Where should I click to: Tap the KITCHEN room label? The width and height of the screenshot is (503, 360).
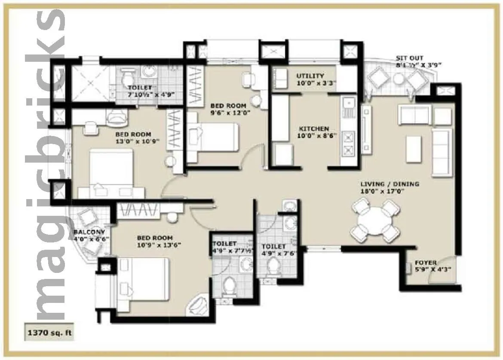(314, 129)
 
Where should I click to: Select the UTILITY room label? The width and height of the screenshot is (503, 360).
(310, 76)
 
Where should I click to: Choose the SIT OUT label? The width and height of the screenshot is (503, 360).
(409, 58)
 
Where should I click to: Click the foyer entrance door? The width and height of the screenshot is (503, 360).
(447, 264)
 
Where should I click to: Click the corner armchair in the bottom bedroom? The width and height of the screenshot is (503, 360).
(198, 305)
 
